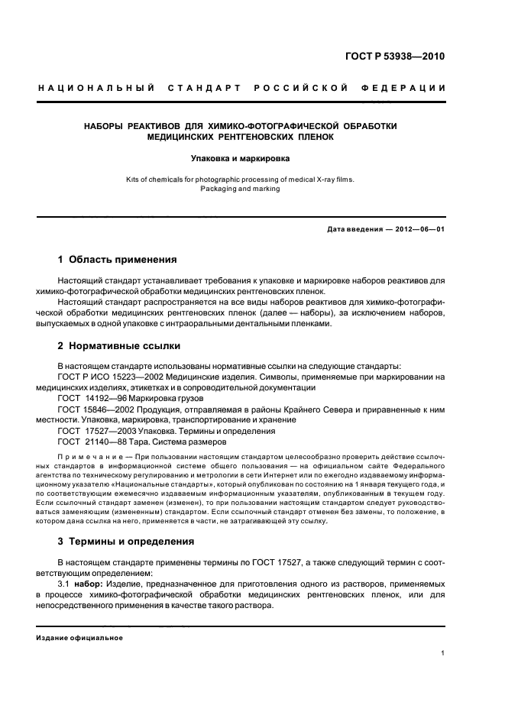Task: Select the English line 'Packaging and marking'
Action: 241,189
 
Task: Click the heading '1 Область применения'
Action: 118,260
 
